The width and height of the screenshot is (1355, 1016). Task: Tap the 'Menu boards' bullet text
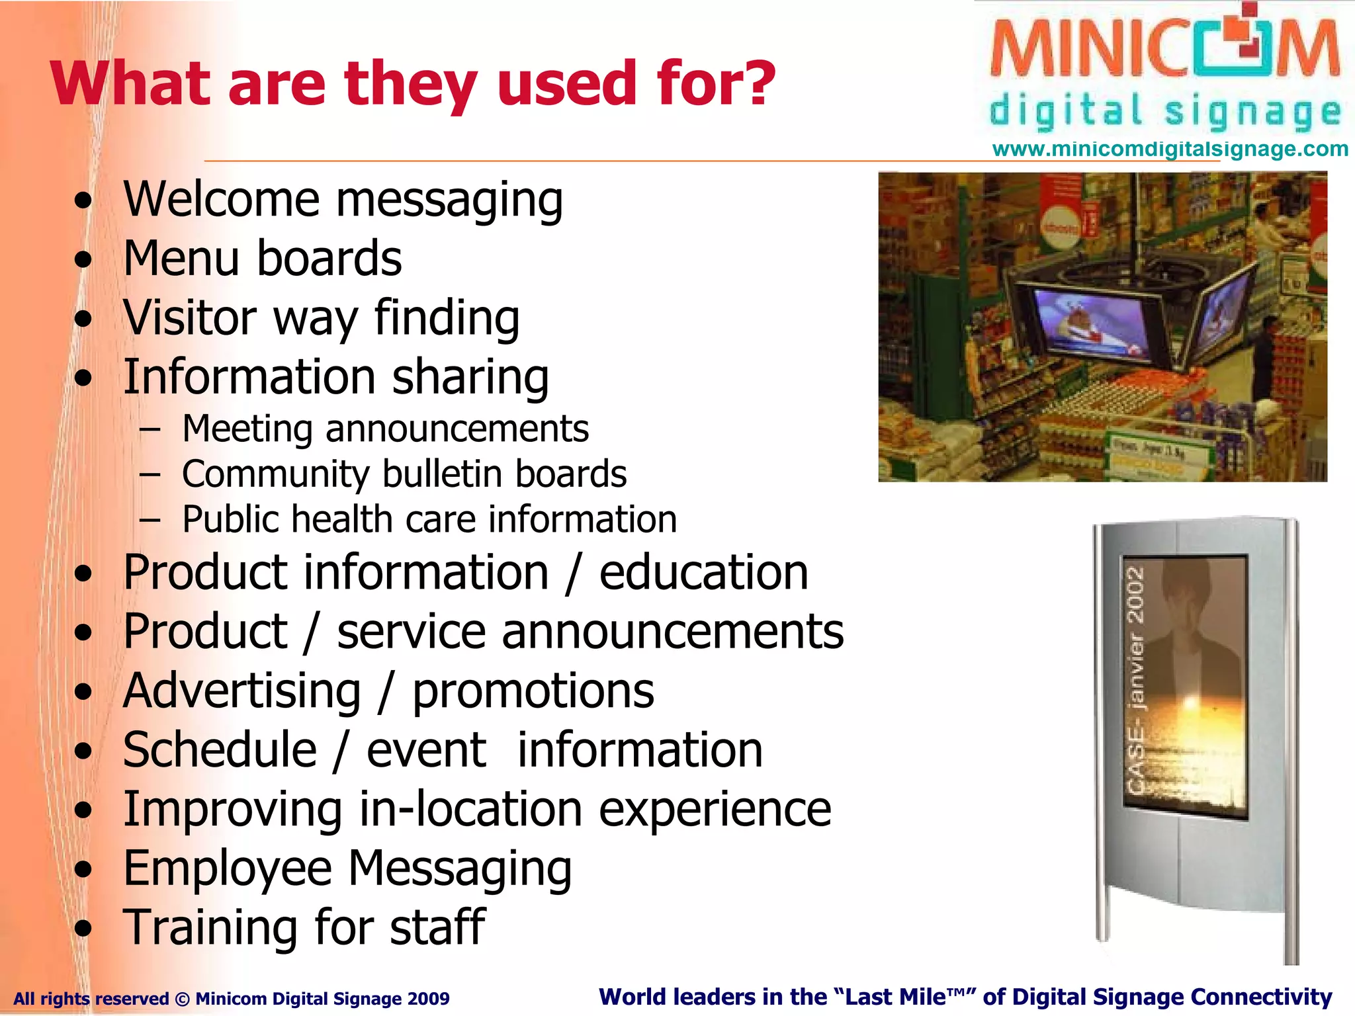[x=263, y=259]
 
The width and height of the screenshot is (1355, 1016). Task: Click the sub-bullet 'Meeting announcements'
[x=385, y=429]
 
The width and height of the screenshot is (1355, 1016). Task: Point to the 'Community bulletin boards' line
[x=404, y=474]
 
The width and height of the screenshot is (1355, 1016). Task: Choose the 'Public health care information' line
[x=429, y=519]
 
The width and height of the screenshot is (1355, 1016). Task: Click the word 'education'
[x=703, y=573]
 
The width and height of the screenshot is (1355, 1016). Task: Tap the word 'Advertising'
[x=242, y=691]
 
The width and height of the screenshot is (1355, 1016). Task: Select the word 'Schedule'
[x=220, y=750]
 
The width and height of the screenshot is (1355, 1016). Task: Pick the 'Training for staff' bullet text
[x=304, y=927]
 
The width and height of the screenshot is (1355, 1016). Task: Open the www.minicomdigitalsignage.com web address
[x=1170, y=149]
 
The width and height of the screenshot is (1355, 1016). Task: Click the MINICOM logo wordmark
[x=1164, y=50]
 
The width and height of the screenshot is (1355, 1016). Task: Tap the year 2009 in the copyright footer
[x=428, y=999]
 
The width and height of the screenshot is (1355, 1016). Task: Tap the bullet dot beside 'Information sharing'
[x=83, y=378]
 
